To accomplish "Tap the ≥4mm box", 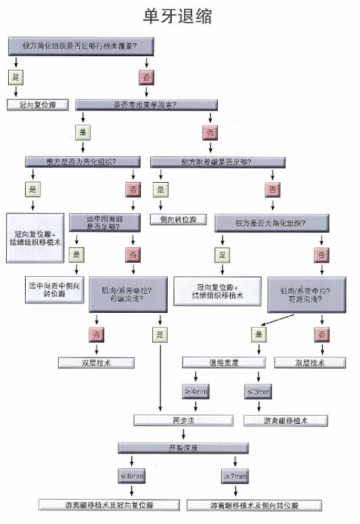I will pos(196,391).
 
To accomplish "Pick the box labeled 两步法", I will pos(179,420).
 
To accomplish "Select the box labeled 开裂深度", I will pos(179,447).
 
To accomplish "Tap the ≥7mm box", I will pos(234,477).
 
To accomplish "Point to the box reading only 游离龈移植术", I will pos(286,420).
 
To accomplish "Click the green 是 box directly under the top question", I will pos(16,77).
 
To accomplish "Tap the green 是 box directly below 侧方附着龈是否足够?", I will pos(160,190).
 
